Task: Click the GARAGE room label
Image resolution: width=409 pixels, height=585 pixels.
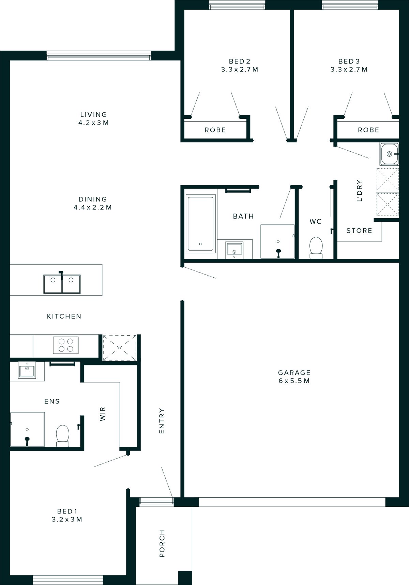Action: (x=294, y=373)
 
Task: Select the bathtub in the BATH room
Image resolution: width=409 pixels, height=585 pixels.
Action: (x=201, y=223)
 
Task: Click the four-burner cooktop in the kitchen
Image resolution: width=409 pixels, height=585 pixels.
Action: (x=66, y=345)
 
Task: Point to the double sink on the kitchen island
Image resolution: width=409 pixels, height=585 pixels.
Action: (x=62, y=284)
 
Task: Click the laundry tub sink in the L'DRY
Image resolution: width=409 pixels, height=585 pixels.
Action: (x=389, y=154)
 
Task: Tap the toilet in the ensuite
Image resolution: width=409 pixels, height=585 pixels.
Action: (x=63, y=436)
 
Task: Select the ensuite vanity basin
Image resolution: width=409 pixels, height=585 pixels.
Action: (x=27, y=371)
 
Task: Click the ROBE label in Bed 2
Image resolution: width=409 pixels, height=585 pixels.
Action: (x=215, y=130)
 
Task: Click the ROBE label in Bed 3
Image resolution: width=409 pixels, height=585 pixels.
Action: (x=368, y=130)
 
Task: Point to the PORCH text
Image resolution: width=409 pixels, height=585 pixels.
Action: (x=162, y=544)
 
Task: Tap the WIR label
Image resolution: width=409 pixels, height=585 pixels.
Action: (x=103, y=414)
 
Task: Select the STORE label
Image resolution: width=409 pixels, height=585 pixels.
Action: (x=359, y=231)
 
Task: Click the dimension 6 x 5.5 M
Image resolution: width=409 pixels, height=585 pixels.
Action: (x=294, y=381)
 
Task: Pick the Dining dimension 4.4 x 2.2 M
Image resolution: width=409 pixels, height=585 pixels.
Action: (x=93, y=207)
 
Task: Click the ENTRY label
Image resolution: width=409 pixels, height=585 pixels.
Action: (x=162, y=421)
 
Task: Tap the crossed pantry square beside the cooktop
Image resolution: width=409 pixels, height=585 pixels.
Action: (x=120, y=348)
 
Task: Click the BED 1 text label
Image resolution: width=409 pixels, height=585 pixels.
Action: (x=67, y=511)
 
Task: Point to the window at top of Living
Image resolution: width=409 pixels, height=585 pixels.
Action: (x=99, y=56)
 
